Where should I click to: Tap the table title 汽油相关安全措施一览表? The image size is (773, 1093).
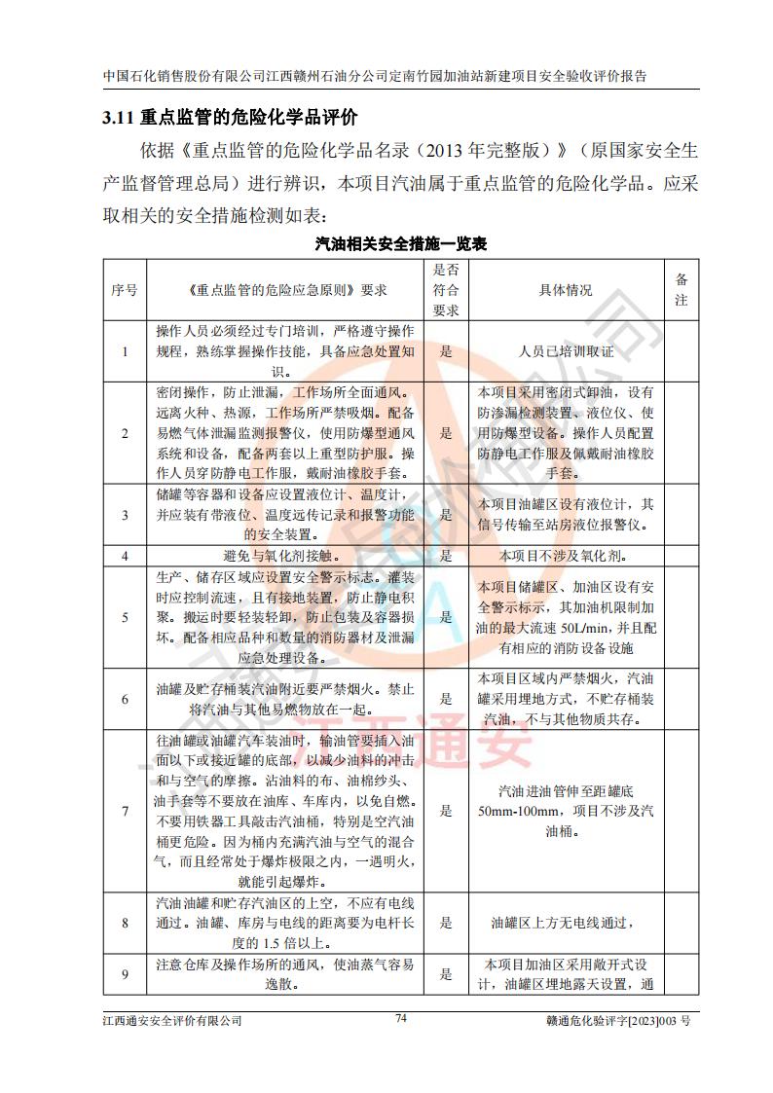pos(400,244)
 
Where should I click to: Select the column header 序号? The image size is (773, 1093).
pos(125,289)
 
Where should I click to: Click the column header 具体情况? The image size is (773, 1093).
pos(566,289)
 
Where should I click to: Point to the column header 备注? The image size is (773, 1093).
pos(681,289)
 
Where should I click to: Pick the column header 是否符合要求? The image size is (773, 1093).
pos(446,289)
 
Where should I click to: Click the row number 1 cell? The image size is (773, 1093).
pos(125,351)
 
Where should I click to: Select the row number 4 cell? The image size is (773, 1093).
pos(125,557)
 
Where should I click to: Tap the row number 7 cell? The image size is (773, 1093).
pos(125,810)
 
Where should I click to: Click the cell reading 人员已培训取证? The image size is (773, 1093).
pos(566,351)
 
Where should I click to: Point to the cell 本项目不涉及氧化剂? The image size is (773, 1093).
pos(565,557)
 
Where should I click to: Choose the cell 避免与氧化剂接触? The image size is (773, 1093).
pos(285,557)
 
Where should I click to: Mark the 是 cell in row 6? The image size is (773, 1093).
pos(446,698)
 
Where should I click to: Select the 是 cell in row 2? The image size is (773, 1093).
pos(446,432)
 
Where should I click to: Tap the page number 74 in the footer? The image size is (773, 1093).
pos(400,1018)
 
